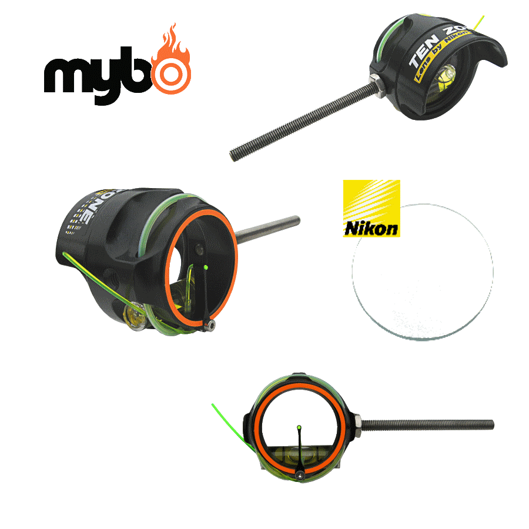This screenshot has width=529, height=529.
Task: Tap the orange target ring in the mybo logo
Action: [171, 73]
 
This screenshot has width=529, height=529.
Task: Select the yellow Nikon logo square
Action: [371, 209]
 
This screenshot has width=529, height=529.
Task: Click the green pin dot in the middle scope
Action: [206, 267]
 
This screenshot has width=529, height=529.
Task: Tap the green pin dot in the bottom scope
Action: [300, 426]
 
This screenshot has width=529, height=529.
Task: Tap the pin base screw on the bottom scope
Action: [300, 474]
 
